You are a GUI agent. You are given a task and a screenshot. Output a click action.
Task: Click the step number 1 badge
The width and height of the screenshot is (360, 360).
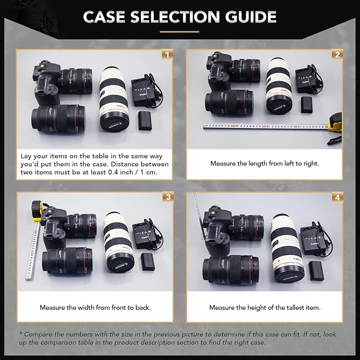168,55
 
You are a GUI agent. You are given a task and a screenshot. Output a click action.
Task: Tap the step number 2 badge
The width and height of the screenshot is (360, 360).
337,55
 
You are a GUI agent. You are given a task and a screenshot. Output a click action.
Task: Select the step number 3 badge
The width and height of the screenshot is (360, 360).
168,197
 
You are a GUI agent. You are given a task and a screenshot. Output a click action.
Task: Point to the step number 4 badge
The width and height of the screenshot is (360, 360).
337,197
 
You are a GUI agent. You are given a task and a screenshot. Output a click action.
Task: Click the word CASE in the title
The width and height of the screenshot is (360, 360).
104,17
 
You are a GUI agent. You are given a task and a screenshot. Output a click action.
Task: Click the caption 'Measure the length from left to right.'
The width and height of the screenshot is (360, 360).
265,163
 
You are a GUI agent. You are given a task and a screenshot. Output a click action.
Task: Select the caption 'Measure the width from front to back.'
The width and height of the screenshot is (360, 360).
96,308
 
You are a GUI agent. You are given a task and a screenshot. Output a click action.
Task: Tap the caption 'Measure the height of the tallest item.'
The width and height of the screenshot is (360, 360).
265,308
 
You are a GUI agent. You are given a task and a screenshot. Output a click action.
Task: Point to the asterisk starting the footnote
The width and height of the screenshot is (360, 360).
21,334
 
